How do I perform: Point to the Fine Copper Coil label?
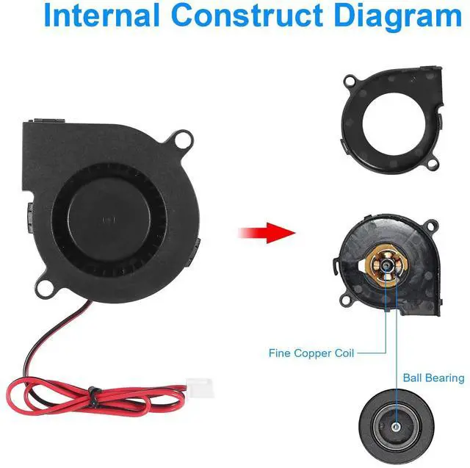(x=311, y=353)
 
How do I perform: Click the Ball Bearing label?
(x=433, y=378)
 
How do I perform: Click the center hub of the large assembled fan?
(x=111, y=219)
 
